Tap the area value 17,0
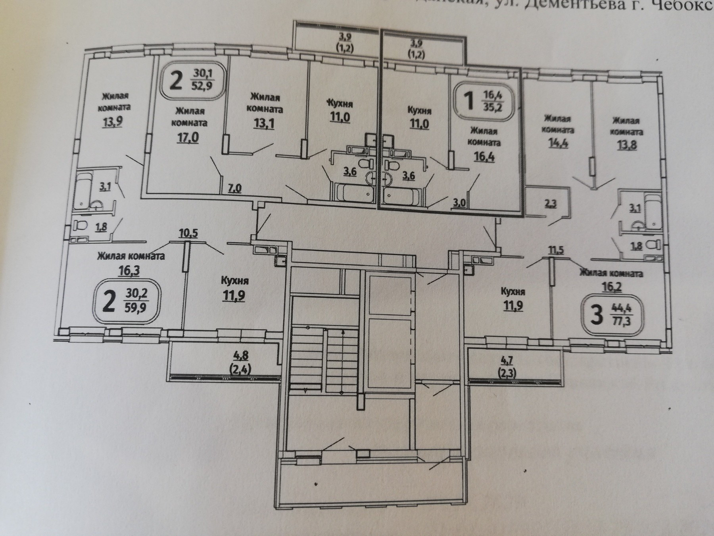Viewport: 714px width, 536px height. (x=188, y=137)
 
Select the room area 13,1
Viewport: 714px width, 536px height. (x=264, y=123)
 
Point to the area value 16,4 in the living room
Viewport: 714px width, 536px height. (x=484, y=156)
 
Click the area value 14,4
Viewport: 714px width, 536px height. (x=558, y=143)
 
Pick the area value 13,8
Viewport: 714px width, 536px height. (x=627, y=144)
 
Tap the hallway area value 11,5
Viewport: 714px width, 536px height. (x=556, y=250)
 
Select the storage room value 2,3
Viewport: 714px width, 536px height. (x=551, y=204)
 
